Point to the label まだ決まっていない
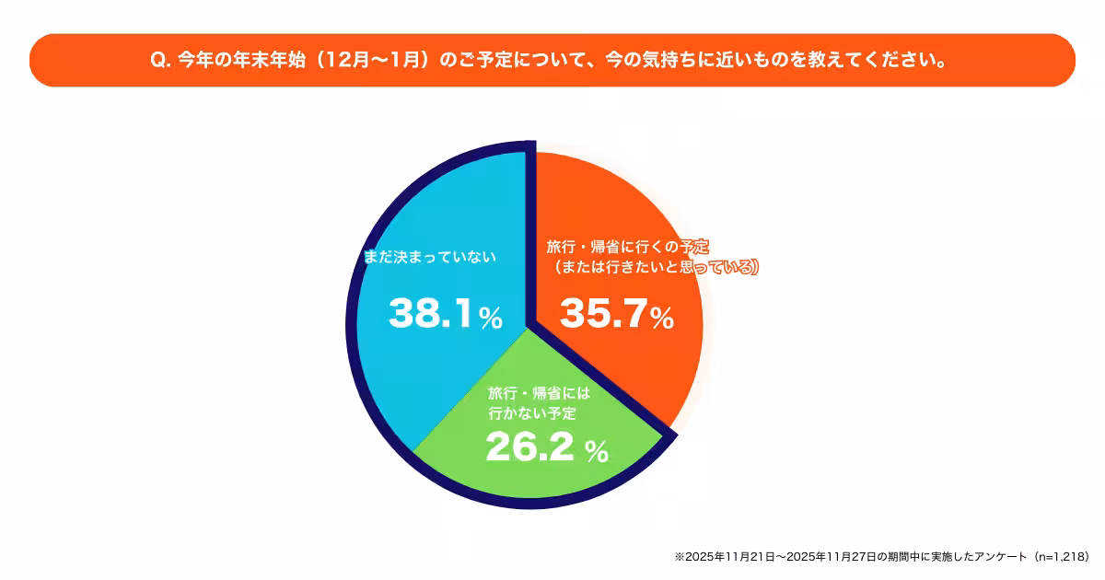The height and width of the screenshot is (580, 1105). tap(430, 257)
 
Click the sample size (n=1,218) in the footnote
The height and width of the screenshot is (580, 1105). tap(1062, 557)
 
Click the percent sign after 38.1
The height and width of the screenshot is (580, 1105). tap(491, 319)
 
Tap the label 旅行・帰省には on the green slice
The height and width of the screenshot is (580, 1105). tap(539, 393)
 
